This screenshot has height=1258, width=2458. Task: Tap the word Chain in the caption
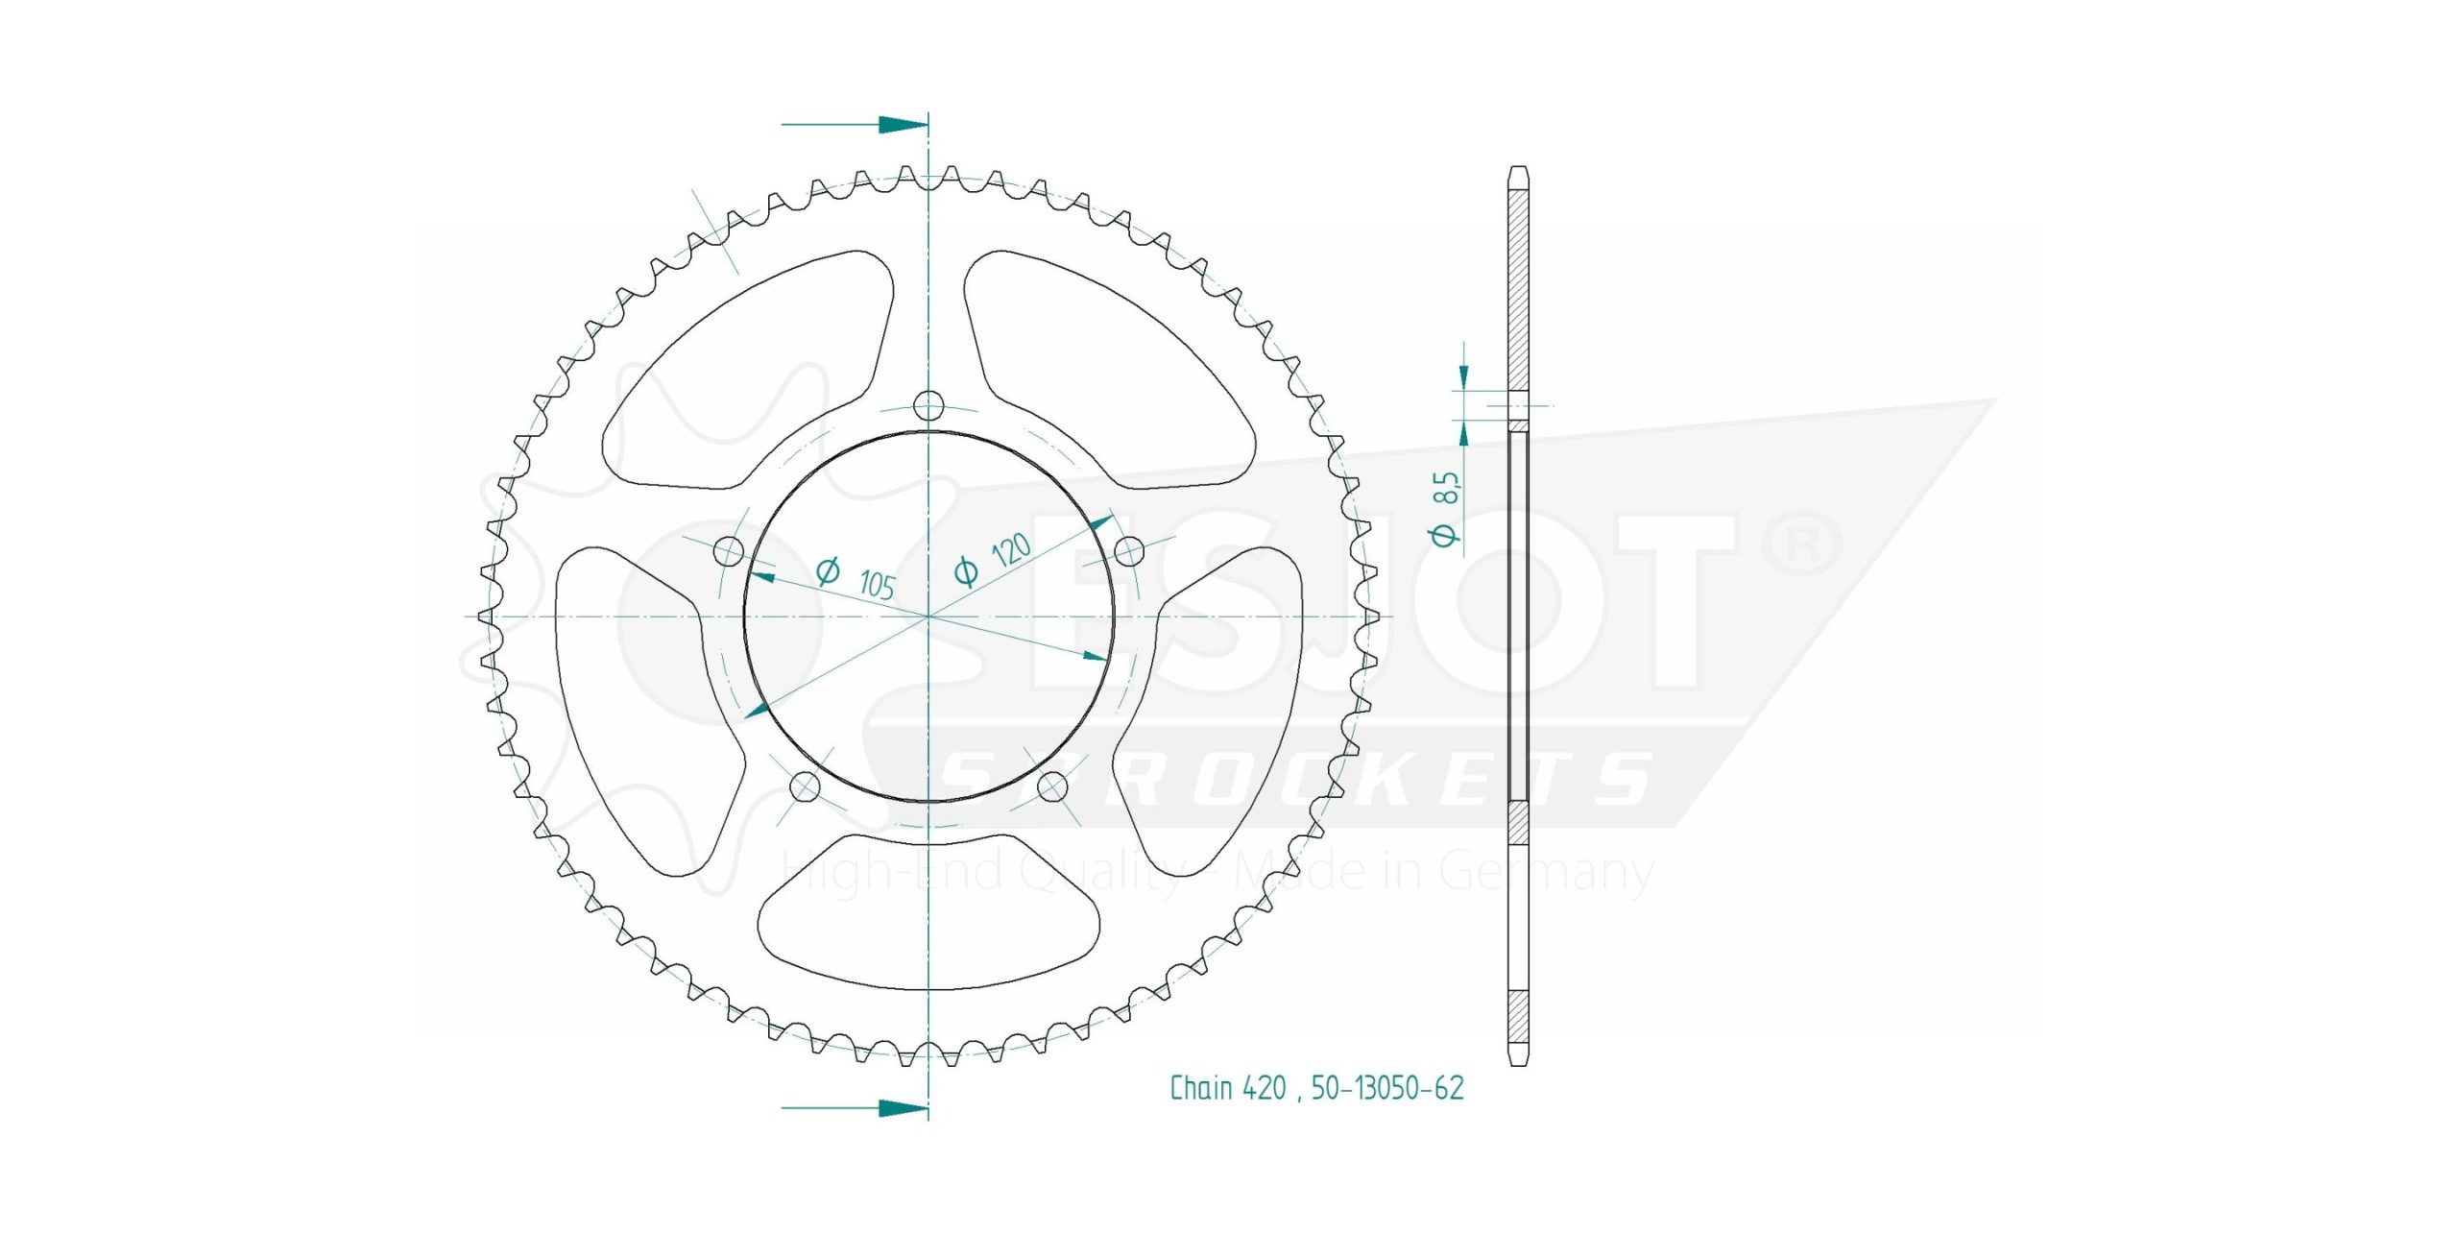[x=1201, y=1088]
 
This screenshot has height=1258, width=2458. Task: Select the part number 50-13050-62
[x=1387, y=1088]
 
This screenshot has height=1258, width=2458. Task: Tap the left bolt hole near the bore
[x=730, y=551]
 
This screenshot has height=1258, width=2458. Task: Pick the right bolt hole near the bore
[x=1129, y=551]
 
